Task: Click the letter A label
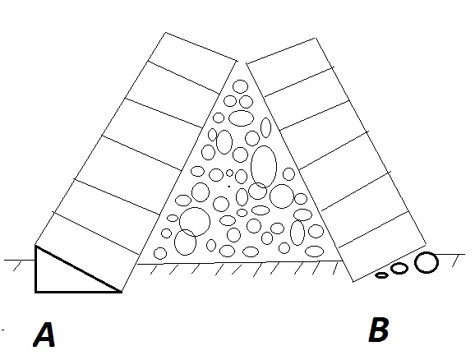(44, 335)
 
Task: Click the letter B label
(379, 330)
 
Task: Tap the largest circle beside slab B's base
(427, 262)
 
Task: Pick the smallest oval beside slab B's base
(381, 275)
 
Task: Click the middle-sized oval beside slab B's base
(399, 268)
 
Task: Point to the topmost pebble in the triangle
(241, 86)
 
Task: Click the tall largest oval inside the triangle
(264, 166)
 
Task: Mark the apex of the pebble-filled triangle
(242, 62)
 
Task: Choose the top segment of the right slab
(290, 67)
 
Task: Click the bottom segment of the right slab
(382, 247)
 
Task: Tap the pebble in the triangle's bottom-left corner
(160, 253)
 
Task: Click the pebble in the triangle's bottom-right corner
(315, 252)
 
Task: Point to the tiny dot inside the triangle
(229, 187)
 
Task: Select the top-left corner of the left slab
(165, 32)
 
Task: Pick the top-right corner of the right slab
(316, 38)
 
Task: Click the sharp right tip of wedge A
(122, 292)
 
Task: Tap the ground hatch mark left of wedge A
(18, 266)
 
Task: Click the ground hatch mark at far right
(456, 261)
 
